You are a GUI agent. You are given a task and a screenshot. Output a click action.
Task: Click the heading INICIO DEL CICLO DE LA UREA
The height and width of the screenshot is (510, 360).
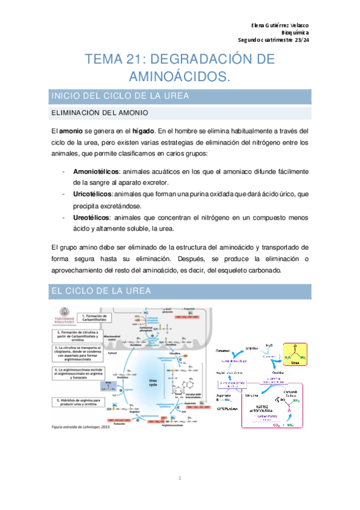pos(121,96)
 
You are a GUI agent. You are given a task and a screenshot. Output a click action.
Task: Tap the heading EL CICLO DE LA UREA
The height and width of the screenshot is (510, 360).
pos(100,291)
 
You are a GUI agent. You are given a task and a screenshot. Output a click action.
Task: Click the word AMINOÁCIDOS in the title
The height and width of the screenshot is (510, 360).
pos(180,76)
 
